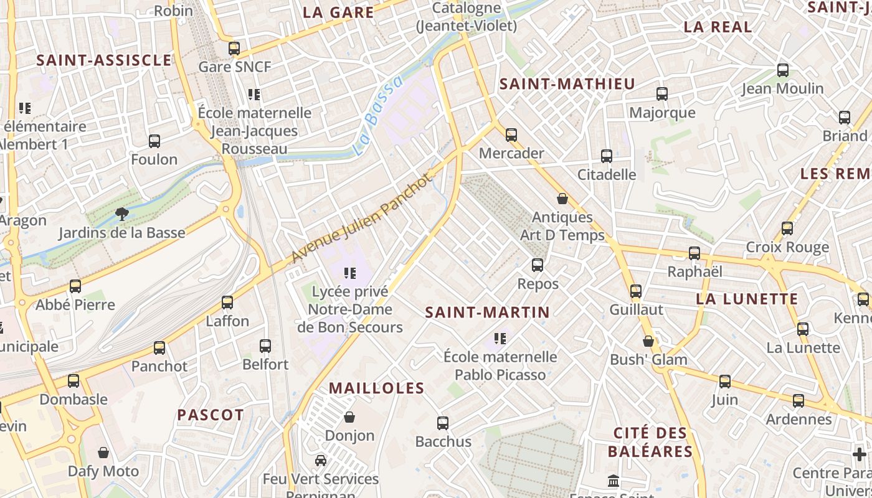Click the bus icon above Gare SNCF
[234, 48]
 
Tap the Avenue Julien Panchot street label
[361, 218]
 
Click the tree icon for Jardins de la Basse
[121, 214]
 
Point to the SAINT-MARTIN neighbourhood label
[487, 312]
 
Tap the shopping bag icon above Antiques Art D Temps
[562, 199]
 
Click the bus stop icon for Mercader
[511, 134]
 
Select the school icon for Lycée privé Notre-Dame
[349, 273]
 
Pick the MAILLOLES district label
[376, 388]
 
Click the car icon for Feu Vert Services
[321, 461]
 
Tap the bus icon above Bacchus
[443, 423]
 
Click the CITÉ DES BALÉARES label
[650, 442]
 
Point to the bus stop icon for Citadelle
[607, 156]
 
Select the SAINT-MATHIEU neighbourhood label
[567, 84]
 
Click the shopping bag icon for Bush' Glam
[648, 341]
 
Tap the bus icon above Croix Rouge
[787, 228]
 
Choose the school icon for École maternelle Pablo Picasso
[500, 338]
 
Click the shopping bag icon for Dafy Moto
[103, 453]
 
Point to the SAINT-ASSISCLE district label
[103, 60]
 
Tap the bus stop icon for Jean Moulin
[783, 70]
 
